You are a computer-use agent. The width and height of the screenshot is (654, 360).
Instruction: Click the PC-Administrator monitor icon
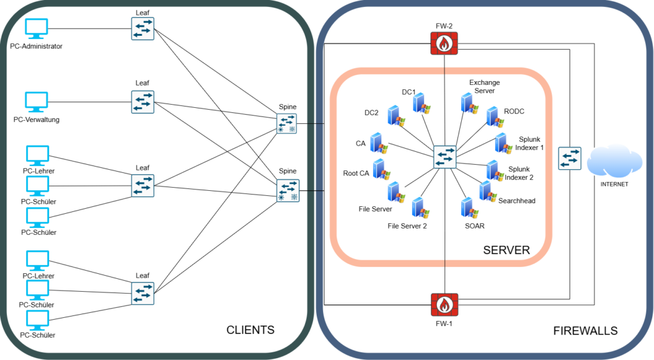click(x=36, y=29)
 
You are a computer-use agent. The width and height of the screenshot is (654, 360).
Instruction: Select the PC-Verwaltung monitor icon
click(x=36, y=102)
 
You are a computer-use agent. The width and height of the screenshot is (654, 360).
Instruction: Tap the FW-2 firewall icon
click(x=445, y=43)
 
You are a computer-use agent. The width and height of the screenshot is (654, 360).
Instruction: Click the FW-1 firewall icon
click(x=445, y=304)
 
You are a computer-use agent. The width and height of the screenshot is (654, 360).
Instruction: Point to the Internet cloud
click(x=614, y=161)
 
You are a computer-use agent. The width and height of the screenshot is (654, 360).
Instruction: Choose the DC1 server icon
click(x=422, y=103)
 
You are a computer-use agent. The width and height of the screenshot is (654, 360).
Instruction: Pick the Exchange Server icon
click(x=469, y=104)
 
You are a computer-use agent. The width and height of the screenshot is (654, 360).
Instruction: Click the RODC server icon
click(x=495, y=117)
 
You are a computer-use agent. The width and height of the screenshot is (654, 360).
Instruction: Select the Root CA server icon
click(x=381, y=170)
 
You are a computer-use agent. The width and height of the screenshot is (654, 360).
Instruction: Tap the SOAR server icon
click(x=469, y=208)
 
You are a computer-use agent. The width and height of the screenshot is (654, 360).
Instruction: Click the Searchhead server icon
click(x=488, y=191)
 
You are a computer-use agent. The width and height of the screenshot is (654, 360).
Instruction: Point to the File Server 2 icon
click(x=420, y=208)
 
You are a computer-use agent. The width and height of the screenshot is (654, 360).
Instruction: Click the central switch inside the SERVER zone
click(x=445, y=156)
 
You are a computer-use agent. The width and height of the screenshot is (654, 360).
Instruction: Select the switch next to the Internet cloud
click(x=570, y=158)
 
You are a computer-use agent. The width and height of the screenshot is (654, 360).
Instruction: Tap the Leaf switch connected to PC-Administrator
click(x=142, y=29)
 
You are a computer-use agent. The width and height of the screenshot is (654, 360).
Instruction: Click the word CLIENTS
click(x=250, y=330)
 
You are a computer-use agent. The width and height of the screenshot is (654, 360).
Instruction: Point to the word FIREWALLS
click(x=585, y=331)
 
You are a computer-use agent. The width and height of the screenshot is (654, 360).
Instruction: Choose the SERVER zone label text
click(x=506, y=250)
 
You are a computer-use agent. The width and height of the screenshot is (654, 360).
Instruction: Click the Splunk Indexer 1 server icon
click(x=503, y=144)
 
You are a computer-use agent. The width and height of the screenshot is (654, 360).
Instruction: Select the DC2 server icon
click(x=396, y=116)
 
